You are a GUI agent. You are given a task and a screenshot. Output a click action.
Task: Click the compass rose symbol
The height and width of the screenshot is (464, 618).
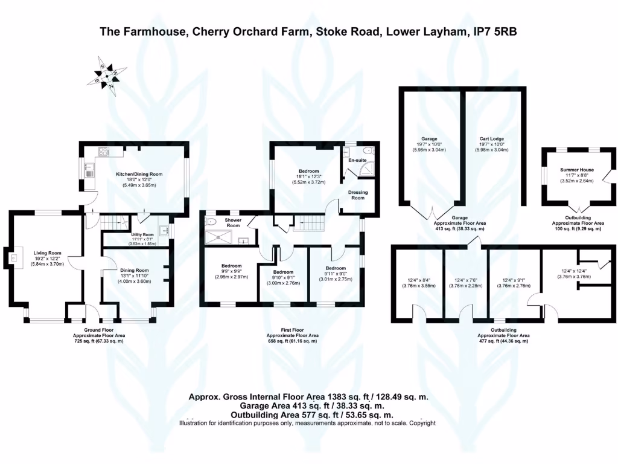[x=106, y=72]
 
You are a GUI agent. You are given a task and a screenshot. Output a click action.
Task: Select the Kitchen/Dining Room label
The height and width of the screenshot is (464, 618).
[x=139, y=175]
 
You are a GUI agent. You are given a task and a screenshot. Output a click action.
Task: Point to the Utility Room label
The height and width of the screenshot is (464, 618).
[x=142, y=234]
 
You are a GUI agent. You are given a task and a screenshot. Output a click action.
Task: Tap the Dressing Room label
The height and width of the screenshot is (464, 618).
[x=358, y=195]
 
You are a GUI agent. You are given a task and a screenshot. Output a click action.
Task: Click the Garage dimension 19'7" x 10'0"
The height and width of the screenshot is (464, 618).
[x=430, y=144]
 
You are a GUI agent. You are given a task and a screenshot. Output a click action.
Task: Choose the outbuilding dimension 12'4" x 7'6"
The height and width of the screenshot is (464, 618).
[x=467, y=280]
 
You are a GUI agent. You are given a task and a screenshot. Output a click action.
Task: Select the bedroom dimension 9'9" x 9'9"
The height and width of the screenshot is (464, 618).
[x=231, y=271]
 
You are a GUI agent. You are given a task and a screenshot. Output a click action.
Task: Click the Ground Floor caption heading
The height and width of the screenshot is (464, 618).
[x=98, y=330]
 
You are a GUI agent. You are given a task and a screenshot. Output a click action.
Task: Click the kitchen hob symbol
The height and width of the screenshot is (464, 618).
[x=103, y=152]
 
